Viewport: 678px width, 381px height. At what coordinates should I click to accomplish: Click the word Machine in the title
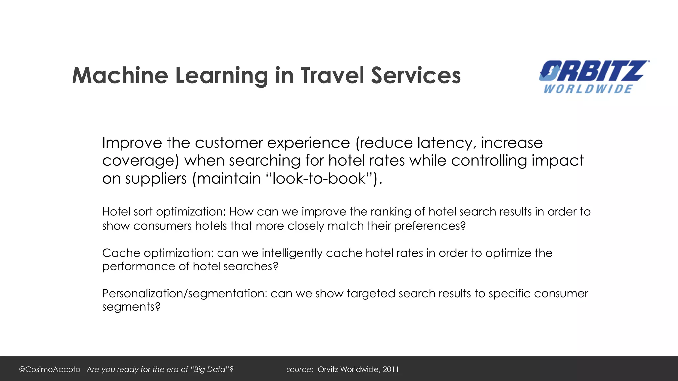(x=120, y=76)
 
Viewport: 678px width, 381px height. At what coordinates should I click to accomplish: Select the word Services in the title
(x=416, y=76)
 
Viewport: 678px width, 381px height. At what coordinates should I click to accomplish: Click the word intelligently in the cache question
(x=292, y=253)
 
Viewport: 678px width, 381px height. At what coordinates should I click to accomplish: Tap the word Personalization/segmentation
(x=184, y=294)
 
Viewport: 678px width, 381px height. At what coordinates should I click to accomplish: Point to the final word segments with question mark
(x=131, y=307)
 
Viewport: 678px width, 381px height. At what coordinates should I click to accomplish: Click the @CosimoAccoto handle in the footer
(x=50, y=369)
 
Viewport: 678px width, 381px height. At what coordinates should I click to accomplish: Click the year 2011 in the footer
(x=391, y=369)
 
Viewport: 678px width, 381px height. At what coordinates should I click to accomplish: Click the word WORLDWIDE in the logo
(x=588, y=89)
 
